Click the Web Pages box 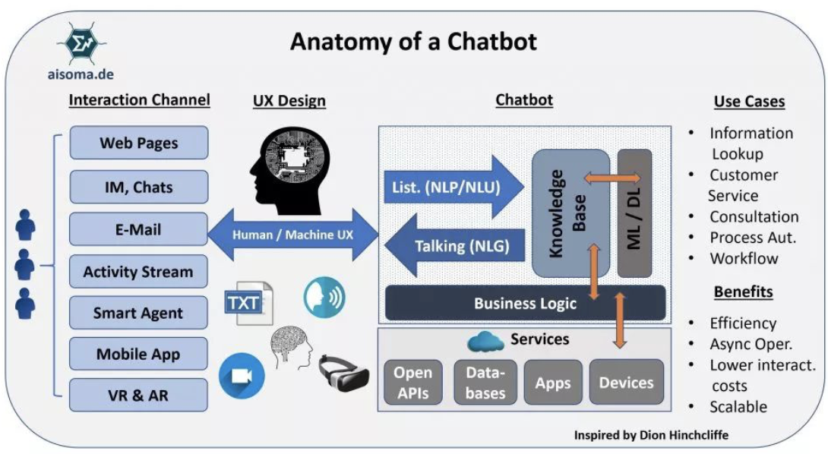pos(138,143)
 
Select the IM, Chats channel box pos(138,187)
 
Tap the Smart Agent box pos(138,313)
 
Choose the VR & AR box pos(138,395)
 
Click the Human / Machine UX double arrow pos(292,235)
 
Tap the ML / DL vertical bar pos(634,213)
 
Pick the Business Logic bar pos(525,303)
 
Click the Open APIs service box pos(412,382)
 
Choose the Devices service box pos(626,382)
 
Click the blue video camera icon pos(242,377)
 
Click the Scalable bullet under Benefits pos(738,407)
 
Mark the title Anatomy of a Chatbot pos(413,41)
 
